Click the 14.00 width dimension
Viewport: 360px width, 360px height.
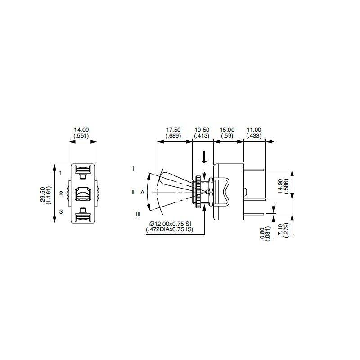(x=81, y=133)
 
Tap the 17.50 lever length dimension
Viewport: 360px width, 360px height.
(x=173, y=133)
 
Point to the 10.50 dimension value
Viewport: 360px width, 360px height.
(x=202, y=133)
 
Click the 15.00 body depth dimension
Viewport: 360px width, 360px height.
(x=227, y=133)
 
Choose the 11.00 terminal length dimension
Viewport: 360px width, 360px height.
(x=254, y=133)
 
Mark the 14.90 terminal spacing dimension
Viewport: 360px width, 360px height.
(x=283, y=186)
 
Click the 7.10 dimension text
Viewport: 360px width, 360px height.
(x=283, y=230)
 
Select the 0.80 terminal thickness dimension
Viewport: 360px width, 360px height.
(x=265, y=234)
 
